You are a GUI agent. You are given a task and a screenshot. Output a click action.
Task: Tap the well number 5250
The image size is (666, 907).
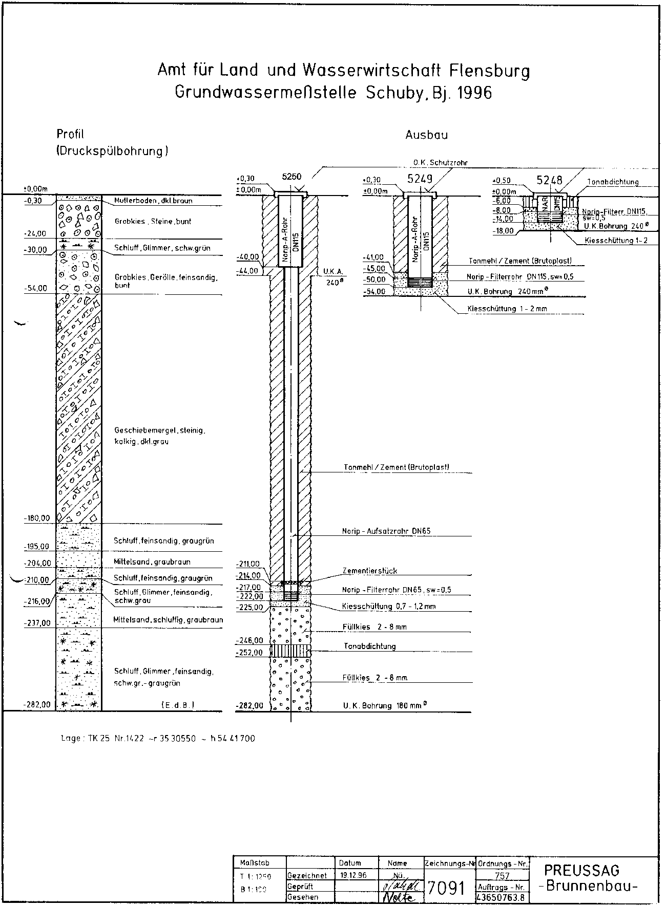point(292,177)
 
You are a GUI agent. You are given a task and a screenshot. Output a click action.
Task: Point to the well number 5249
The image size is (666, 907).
point(420,179)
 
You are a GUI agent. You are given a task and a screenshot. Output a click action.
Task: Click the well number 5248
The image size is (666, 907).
point(549,180)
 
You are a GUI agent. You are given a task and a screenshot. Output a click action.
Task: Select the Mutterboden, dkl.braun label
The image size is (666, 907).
point(153,201)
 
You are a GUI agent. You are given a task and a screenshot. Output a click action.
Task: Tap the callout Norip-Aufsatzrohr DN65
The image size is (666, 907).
point(386,531)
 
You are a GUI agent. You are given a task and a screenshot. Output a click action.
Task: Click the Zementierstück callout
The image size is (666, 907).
point(369,571)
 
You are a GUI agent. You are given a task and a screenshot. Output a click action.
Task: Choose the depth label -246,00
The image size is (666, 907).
point(249,640)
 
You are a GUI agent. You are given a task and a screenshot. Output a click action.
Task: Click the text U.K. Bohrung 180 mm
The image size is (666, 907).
point(385,706)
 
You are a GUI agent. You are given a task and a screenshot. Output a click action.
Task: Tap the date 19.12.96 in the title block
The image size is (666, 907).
point(353,875)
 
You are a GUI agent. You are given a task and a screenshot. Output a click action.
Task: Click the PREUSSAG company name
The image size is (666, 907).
point(581,870)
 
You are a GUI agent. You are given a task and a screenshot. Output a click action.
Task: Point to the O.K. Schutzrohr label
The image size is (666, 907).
point(441,163)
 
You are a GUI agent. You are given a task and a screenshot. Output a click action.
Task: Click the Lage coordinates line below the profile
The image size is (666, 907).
point(158,738)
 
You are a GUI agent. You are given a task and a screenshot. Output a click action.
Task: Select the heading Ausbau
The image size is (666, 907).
point(427,135)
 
